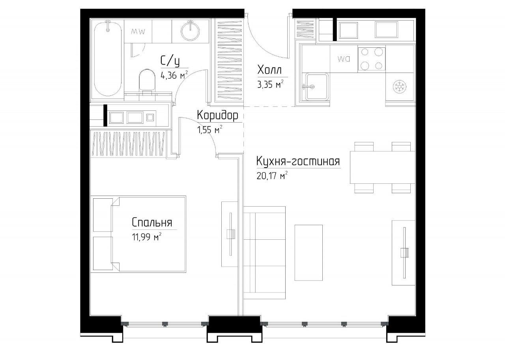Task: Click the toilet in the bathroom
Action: point(147,81)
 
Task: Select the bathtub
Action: point(108,59)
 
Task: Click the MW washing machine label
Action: point(138,32)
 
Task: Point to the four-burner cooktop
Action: point(372,59)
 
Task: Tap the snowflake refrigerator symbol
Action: point(400,86)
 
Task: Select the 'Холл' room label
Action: point(269,70)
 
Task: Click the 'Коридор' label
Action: point(217,116)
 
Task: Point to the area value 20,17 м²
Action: point(272,175)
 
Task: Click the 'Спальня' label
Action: point(152,222)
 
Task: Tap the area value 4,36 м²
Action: point(174,75)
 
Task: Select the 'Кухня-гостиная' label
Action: point(298,162)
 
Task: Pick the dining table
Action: point(382,168)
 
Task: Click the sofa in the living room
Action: point(264,253)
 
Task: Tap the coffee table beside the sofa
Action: point(309,253)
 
